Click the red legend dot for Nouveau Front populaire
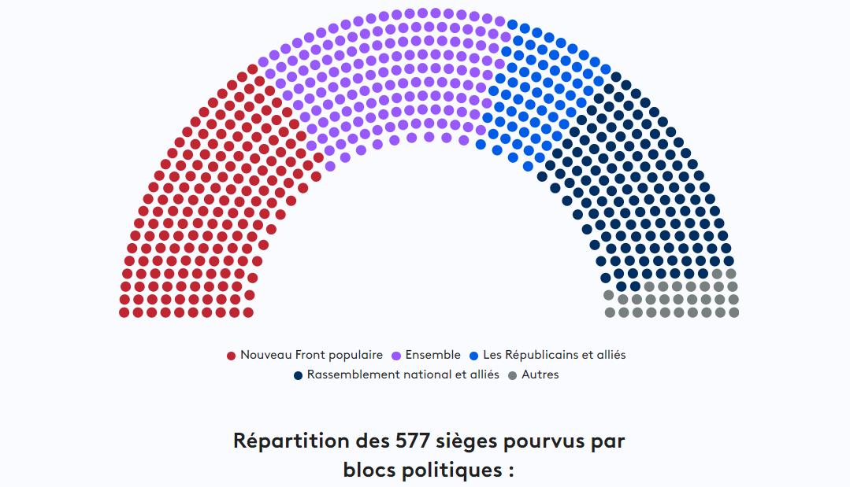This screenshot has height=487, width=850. coord(232,356)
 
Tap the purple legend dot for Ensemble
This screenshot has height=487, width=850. coord(396,356)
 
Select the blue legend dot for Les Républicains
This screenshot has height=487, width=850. coord(474,356)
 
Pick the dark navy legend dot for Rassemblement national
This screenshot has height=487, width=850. coord(298,375)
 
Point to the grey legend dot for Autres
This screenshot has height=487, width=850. coord(513,375)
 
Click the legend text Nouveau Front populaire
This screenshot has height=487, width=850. coord(311,355)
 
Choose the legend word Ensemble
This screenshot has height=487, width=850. coord(432,355)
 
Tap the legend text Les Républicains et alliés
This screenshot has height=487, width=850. coord(554,355)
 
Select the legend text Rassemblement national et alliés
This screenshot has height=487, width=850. coord(403,374)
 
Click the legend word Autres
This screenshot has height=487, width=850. coord(540,374)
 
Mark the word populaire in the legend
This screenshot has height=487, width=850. coord(356,355)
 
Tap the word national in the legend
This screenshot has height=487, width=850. coord(429,374)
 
